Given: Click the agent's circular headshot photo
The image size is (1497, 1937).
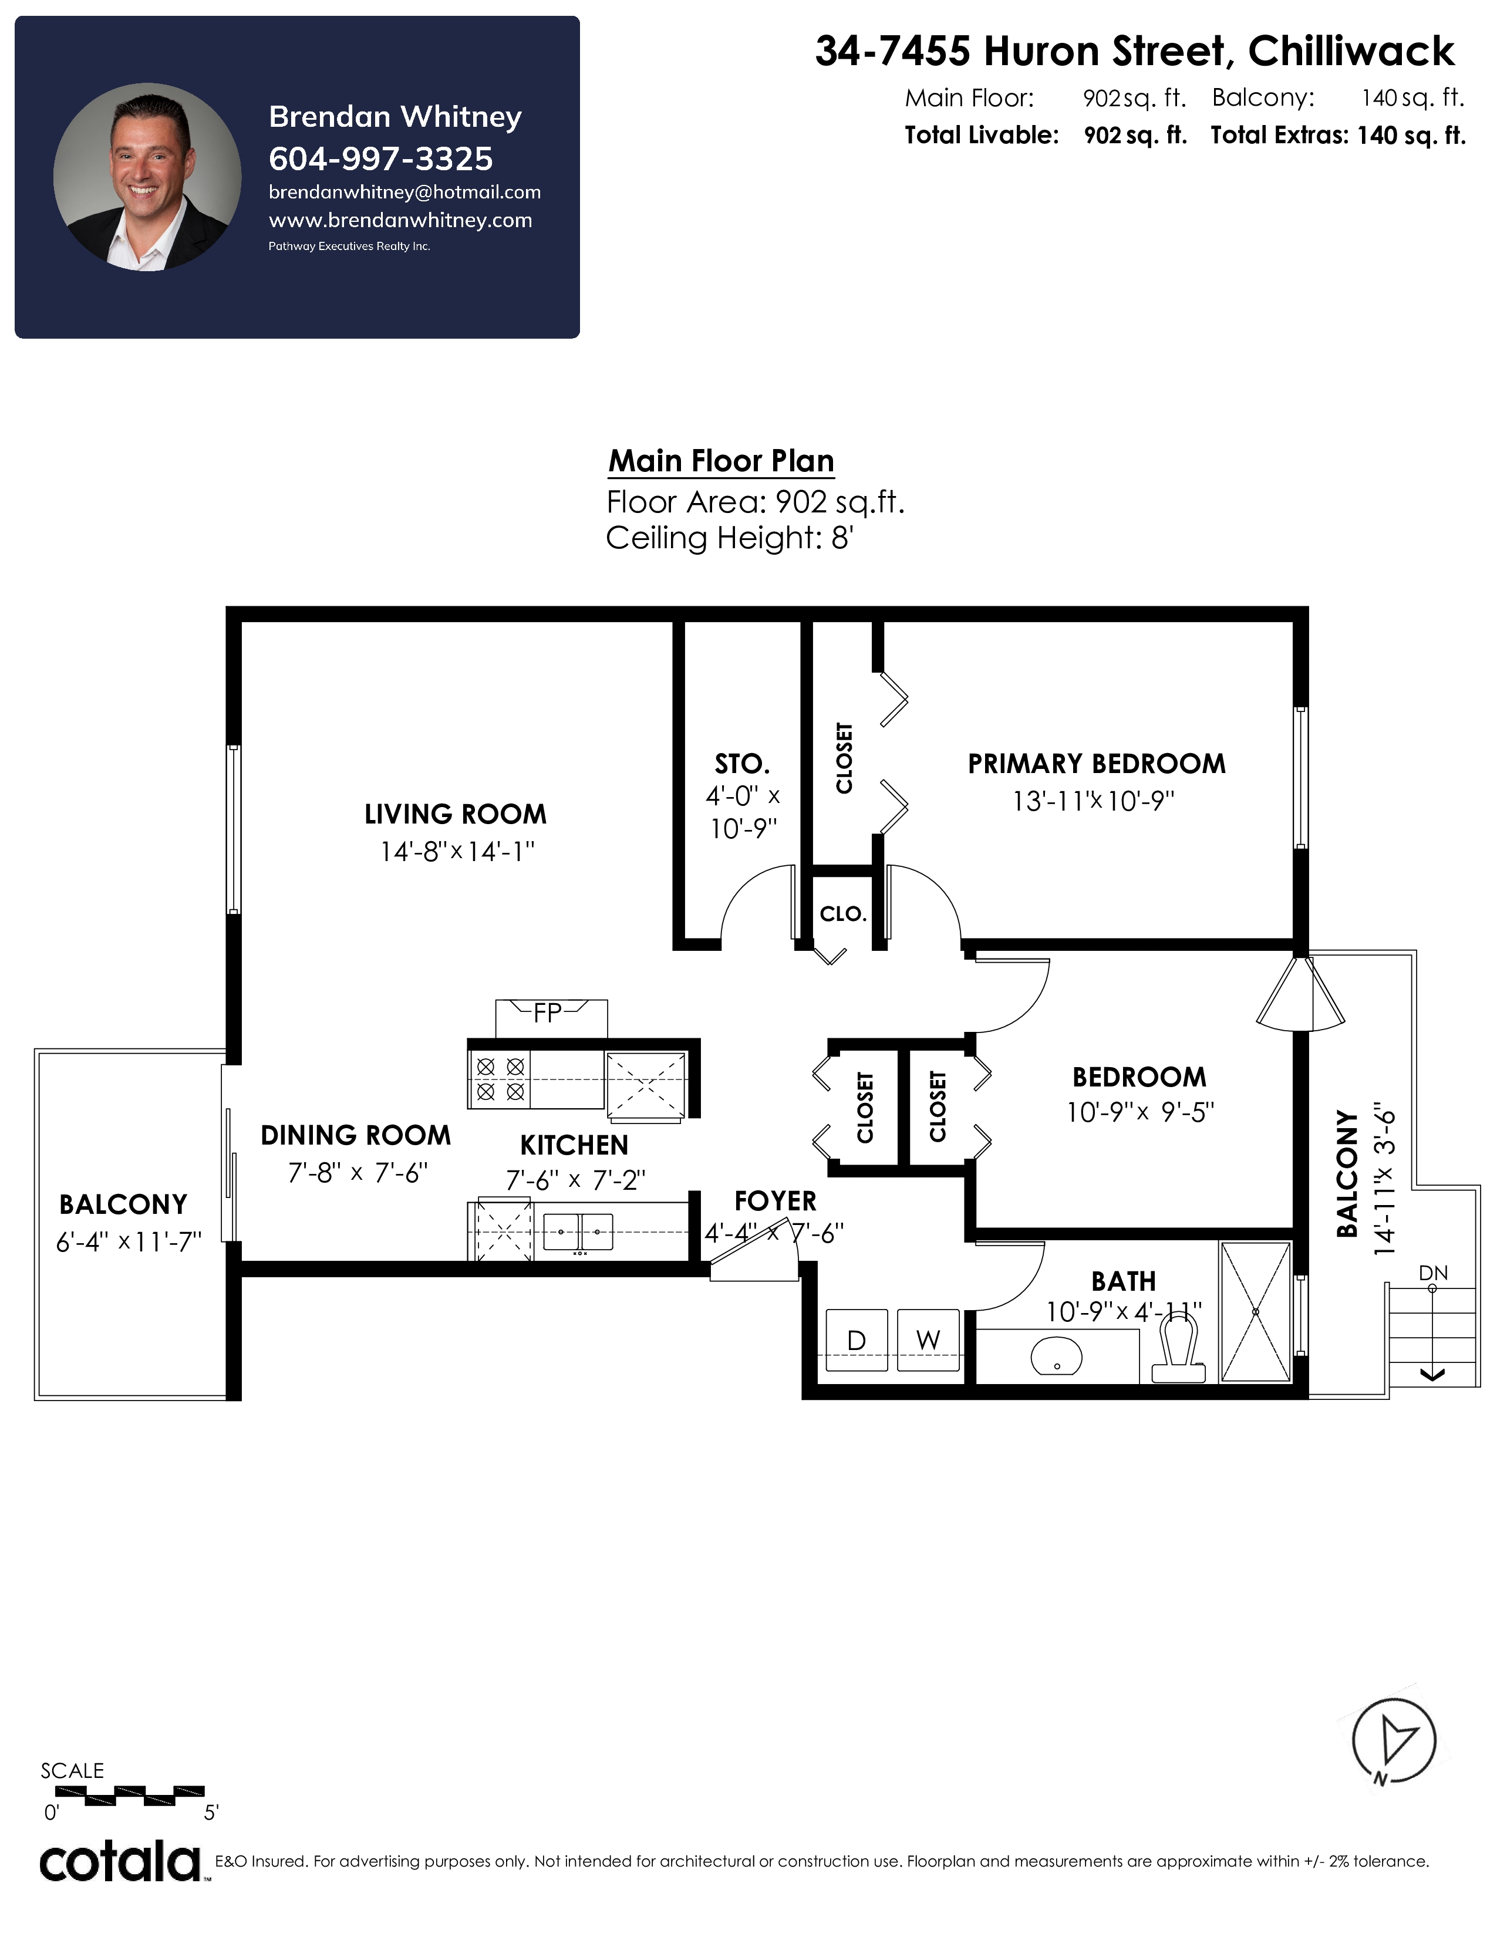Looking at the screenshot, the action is [x=147, y=177].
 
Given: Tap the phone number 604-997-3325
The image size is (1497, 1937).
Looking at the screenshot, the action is [x=380, y=158].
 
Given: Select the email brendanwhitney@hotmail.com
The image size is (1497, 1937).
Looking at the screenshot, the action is [x=404, y=193].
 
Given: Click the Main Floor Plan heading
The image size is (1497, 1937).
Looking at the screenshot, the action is [x=721, y=461].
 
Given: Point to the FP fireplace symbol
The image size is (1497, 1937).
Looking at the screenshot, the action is [x=551, y=1018].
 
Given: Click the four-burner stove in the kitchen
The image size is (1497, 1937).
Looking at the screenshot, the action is [x=500, y=1078].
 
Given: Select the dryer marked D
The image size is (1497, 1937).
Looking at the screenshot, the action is [x=857, y=1340].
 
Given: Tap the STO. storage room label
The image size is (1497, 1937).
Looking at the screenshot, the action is [x=742, y=764].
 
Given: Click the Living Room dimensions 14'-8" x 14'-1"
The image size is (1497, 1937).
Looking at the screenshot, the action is [x=457, y=852].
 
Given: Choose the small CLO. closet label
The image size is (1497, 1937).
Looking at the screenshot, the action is [x=842, y=913].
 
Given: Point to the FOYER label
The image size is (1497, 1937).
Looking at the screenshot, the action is [x=775, y=1201].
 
